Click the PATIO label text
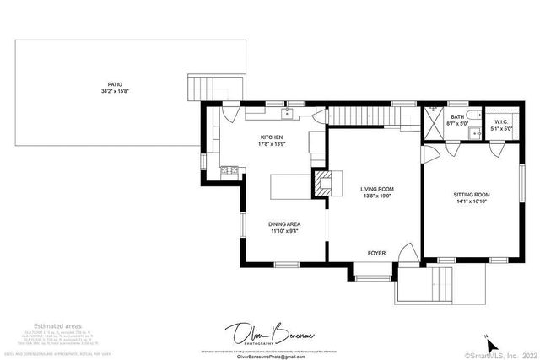(x=111, y=87)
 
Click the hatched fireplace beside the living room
(x=321, y=183)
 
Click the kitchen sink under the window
(x=287, y=111)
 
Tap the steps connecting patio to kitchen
(x=198, y=88)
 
